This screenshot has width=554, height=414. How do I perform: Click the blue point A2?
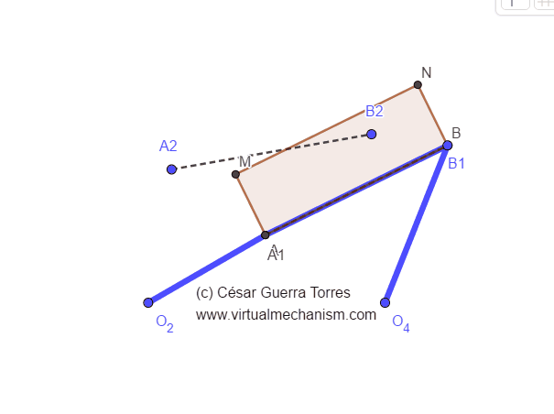(171, 169)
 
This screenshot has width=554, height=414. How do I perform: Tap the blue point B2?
(371, 134)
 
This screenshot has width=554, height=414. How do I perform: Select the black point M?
(235, 174)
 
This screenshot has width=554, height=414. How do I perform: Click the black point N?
(418, 85)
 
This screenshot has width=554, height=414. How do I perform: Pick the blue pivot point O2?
(148, 302)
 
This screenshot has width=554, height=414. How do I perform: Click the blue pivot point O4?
(386, 302)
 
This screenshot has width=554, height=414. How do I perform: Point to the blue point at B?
(448, 145)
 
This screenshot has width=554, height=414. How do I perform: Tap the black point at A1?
(266, 234)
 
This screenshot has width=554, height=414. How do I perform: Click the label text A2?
(168, 146)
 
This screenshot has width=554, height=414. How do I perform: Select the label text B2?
(374, 112)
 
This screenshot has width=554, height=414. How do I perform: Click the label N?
(427, 72)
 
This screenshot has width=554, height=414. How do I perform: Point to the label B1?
(456, 164)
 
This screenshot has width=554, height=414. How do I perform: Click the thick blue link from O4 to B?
(417, 223)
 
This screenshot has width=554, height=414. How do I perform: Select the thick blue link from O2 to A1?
(207, 268)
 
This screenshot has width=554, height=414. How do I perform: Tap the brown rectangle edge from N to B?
(433, 115)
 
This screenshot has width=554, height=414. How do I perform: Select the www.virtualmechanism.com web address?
(286, 314)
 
